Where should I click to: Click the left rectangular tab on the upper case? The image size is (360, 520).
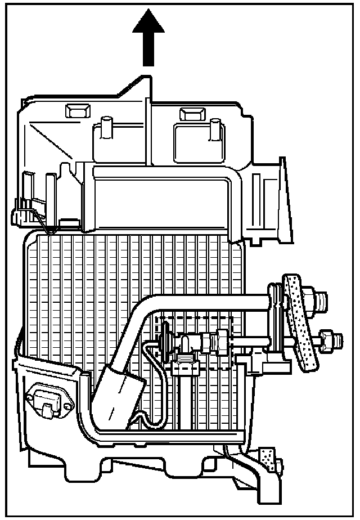[x=74, y=110]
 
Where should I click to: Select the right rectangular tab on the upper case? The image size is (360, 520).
[x=190, y=114]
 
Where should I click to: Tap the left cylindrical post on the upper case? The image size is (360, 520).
[x=106, y=128]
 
